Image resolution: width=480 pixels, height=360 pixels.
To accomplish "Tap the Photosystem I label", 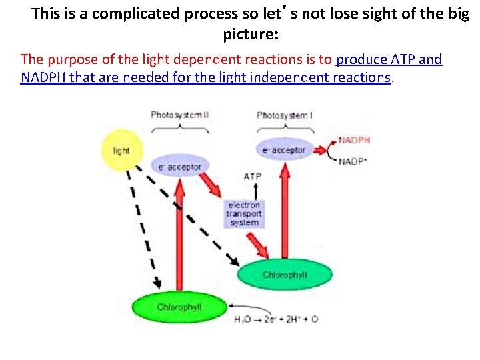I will [x=283, y=115].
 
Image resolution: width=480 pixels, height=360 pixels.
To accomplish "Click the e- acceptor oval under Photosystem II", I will [x=176, y=166].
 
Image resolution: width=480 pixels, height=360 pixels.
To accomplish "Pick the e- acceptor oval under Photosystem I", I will [x=283, y=150].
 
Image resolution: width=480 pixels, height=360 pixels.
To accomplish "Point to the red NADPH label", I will [x=354, y=140].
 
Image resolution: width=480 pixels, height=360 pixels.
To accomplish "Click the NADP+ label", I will [x=353, y=162].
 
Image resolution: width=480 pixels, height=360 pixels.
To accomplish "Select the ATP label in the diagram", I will [x=253, y=177].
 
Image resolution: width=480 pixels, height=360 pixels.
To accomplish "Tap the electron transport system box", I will [x=244, y=213].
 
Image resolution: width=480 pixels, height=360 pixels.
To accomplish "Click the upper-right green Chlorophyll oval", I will [x=284, y=275].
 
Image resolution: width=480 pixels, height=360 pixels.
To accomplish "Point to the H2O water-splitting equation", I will [x=276, y=319].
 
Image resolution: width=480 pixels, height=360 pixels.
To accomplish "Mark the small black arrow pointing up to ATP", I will [x=252, y=190].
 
